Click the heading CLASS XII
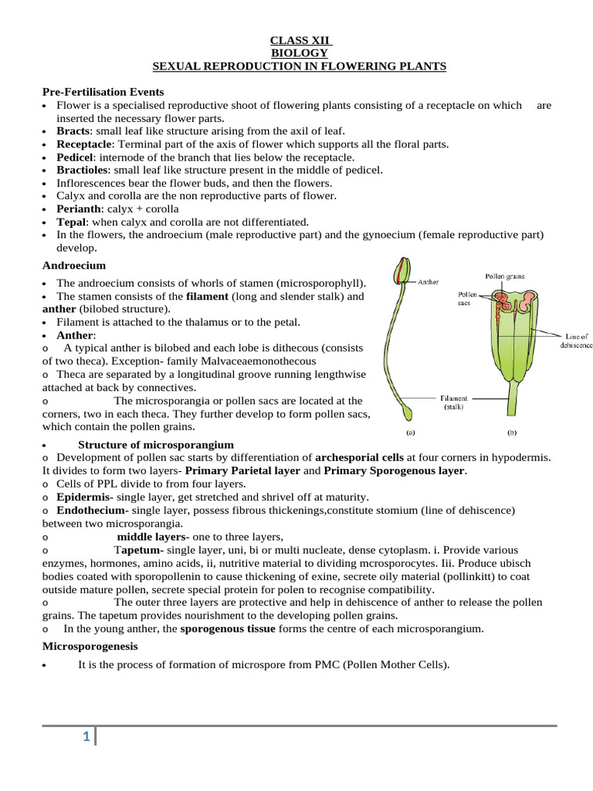(x=299, y=39)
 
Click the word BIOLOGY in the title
(x=299, y=53)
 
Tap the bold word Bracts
(x=73, y=131)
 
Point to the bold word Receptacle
(x=85, y=144)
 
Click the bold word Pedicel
(x=75, y=157)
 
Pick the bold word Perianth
(x=79, y=209)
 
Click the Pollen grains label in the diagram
(x=505, y=275)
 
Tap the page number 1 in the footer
(x=87, y=739)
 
